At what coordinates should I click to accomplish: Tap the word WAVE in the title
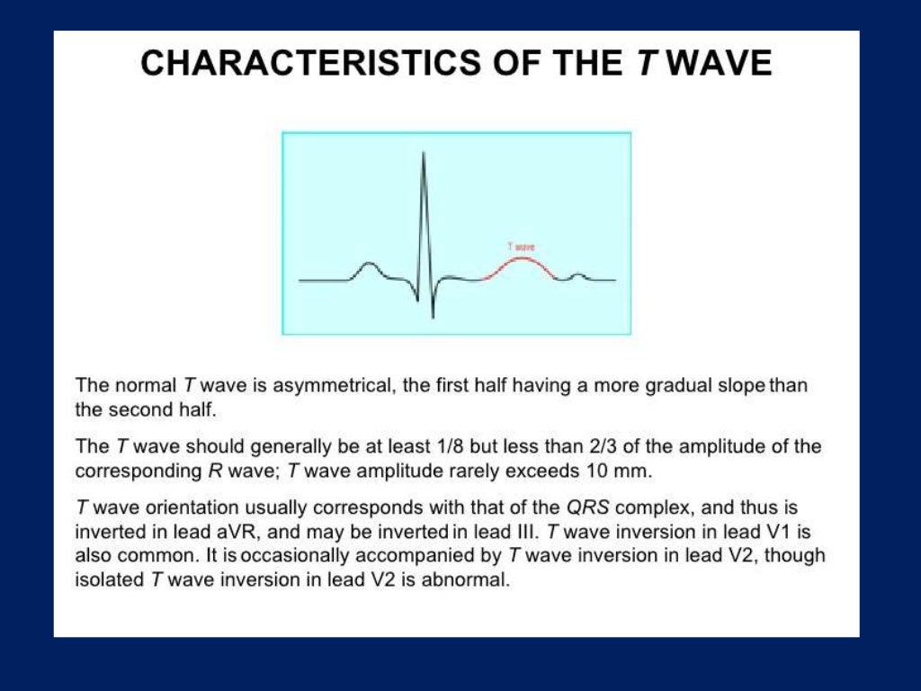(x=722, y=64)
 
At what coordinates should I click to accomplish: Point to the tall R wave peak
(x=423, y=155)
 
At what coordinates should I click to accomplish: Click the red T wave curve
(x=523, y=261)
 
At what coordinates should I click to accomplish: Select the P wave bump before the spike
(x=369, y=265)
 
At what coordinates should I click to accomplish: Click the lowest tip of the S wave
(x=433, y=316)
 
